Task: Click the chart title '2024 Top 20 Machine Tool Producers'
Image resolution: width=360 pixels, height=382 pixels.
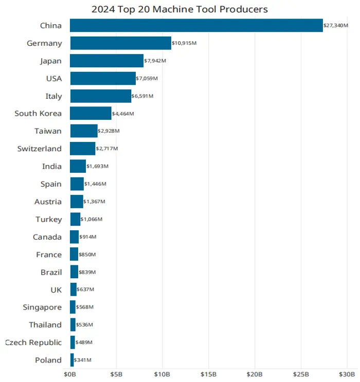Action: [179, 9]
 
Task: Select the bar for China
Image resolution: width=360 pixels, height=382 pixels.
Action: [196, 26]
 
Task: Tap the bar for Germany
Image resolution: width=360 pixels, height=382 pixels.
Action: [120, 43]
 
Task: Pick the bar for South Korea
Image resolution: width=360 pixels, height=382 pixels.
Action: [91, 114]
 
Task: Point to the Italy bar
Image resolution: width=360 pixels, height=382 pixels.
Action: [100, 96]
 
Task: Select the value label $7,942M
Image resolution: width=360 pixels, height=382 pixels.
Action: [156, 61]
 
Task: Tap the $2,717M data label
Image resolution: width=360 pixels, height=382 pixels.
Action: [107, 149]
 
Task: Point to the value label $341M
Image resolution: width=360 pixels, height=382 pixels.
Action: [83, 360]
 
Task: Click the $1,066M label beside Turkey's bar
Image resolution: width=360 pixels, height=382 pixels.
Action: [92, 220]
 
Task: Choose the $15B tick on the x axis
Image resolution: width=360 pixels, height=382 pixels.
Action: [209, 374]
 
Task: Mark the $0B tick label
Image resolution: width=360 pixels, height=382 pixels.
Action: [70, 374]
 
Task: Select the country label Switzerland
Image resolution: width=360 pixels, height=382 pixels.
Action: [39, 149]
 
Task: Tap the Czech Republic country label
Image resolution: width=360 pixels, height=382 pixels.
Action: [33, 342]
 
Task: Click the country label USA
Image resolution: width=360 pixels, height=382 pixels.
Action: [53, 79]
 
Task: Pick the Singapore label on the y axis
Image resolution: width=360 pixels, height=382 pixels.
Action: [42, 307]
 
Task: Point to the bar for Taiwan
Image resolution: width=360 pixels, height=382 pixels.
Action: [84, 131]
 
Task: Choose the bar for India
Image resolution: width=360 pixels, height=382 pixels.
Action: [78, 167]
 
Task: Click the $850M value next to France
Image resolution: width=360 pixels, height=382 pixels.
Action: [87, 254]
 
